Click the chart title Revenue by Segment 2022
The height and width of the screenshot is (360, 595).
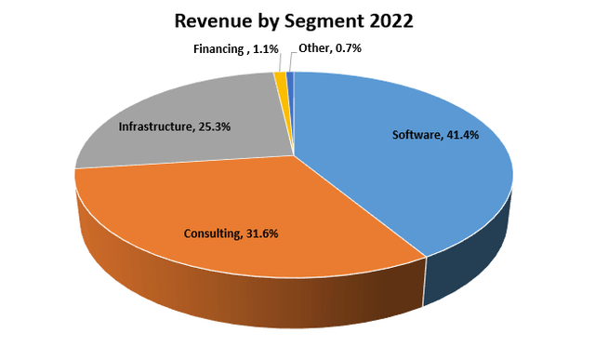click(x=297, y=21)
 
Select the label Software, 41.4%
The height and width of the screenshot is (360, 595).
click(x=437, y=136)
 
